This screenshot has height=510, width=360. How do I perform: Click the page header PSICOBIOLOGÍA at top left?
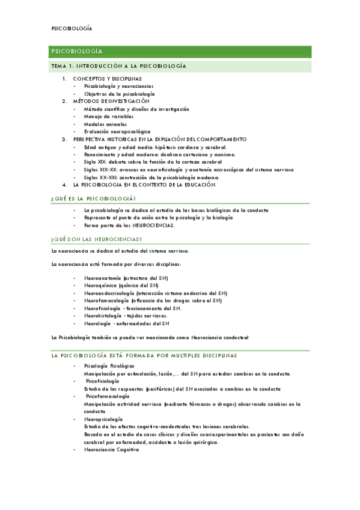(x=72, y=28)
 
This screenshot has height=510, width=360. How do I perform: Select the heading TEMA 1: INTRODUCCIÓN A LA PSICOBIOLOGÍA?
(x=118, y=66)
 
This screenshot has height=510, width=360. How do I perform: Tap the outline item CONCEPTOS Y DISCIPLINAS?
(x=108, y=79)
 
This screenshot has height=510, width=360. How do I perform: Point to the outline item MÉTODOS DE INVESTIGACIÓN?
(x=111, y=102)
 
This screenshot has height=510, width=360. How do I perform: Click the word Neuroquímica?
(x=99, y=286)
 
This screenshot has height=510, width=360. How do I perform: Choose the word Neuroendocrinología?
(x=109, y=293)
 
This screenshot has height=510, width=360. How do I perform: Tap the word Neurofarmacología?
(x=107, y=301)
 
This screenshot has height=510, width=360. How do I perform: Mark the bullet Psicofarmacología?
(x=108, y=397)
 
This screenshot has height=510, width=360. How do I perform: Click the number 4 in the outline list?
(x=65, y=185)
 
